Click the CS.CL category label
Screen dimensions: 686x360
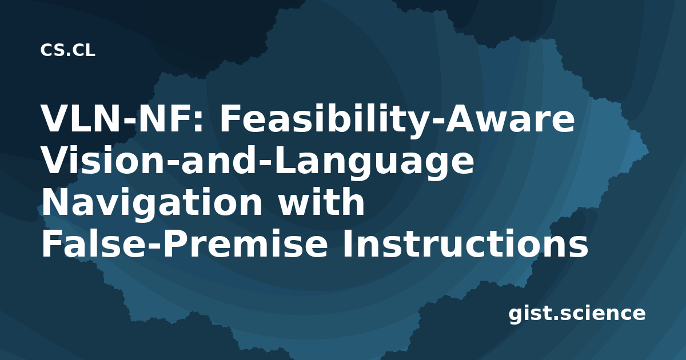(x=67, y=50)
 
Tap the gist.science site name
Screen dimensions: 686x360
(x=577, y=314)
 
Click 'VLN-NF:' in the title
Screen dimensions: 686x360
(x=122, y=118)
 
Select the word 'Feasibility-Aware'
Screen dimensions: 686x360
(x=397, y=121)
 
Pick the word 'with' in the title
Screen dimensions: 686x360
(x=321, y=201)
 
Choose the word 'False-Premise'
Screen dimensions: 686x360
(x=184, y=243)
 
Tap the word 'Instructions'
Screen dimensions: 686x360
(x=465, y=243)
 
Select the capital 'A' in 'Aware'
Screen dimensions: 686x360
(x=461, y=118)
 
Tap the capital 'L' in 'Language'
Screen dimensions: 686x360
(x=284, y=160)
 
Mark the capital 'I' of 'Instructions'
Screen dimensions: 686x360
(x=346, y=243)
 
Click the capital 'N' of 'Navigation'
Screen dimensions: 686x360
(x=56, y=202)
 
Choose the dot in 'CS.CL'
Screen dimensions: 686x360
(x=67, y=54)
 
